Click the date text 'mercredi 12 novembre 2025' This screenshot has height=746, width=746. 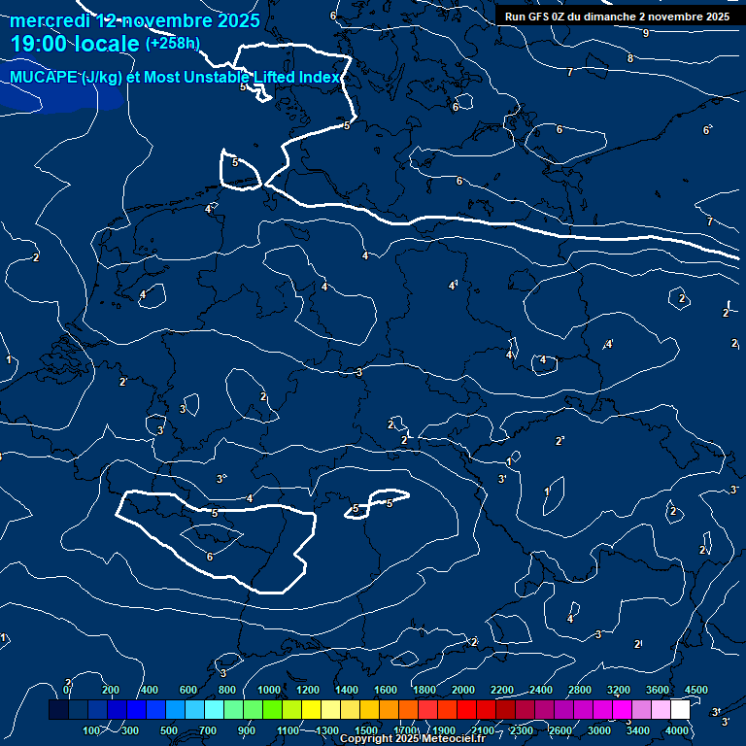click(135, 20)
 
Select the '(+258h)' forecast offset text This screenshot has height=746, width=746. click(173, 44)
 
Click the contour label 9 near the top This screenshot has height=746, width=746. click(646, 33)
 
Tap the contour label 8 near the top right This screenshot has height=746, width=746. click(630, 58)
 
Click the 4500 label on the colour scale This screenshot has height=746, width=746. click(696, 690)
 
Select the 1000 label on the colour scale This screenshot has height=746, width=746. click(269, 690)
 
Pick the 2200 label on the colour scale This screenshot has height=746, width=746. click(502, 690)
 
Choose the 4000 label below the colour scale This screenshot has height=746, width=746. click(677, 729)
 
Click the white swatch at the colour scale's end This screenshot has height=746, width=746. click(680, 710)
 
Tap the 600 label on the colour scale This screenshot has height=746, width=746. click(188, 690)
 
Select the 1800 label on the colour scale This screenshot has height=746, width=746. click(424, 690)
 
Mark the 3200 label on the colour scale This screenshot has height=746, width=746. click(619, 690)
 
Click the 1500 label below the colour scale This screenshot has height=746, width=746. click(366, 729)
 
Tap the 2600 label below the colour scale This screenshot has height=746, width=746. click(560, 729)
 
